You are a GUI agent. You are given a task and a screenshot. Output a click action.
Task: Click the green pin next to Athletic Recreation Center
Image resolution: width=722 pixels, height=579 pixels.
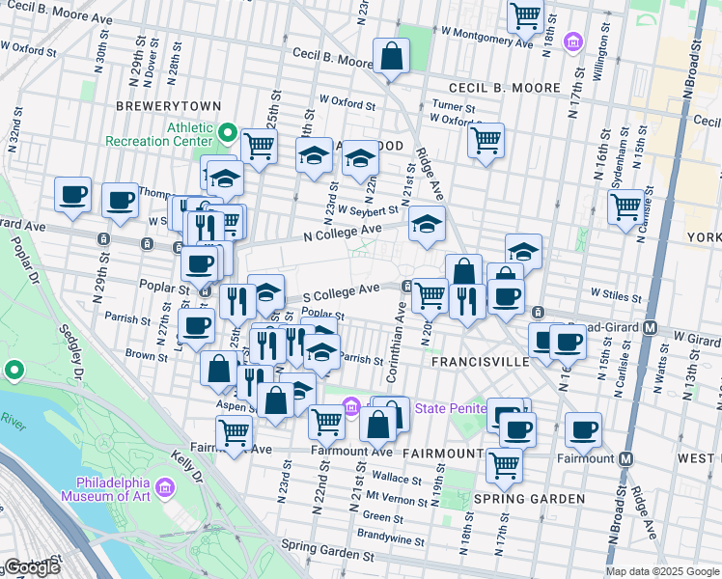pos(229,132)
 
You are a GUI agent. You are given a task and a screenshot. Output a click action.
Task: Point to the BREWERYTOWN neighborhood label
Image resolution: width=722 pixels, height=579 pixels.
pos(168,106)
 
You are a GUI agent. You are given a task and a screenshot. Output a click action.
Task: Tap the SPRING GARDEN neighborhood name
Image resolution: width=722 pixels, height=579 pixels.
pos(529,499)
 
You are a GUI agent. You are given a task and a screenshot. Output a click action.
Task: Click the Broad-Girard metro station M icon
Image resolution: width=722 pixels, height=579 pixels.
pos(652,327)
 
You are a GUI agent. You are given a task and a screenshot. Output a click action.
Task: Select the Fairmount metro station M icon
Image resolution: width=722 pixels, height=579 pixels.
pos(626,458)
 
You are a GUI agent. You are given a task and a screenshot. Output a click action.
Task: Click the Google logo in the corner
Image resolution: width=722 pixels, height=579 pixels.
pos(32,567)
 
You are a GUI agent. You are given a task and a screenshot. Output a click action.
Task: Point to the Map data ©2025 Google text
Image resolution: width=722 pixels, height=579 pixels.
pos(662,571)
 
